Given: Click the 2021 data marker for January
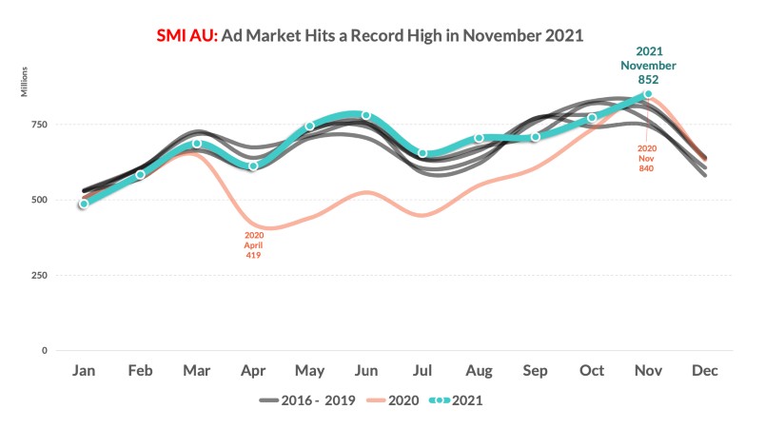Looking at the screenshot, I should pyautogui.click(x=84, y=204).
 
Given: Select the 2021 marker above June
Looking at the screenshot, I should pyautogui.click(x=365, y=115).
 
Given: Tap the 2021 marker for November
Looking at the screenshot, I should pyautogui.click(x=648, y=93).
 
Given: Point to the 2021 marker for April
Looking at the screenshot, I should pyautogui.click(x=253, y=166).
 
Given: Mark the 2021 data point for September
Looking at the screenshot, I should pyautogui.click(x=536, y=137).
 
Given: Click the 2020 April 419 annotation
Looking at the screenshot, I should pyautogui.click(x=253, y=245).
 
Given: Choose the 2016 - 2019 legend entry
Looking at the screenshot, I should pyautogui.click(x=307, y=400).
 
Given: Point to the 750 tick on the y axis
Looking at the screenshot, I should pyautogui.click(x=38, y=125).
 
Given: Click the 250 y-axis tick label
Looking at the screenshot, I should pyautogui.click(x=38, y=276).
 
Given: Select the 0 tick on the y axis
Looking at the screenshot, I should pyautogui.click(x=44, y=351).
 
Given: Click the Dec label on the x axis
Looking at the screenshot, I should pyautogui.click(x=705, y=371).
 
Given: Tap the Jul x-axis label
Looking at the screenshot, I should pyautogui.click(x=422, y=371).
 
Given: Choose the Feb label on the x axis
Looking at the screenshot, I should pyautogui.click(x=140, y=371).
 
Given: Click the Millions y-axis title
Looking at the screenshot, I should pyautogui.click(x=26, y=82).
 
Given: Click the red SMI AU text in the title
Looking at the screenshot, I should pyautogui.click(x=187, y=35).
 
